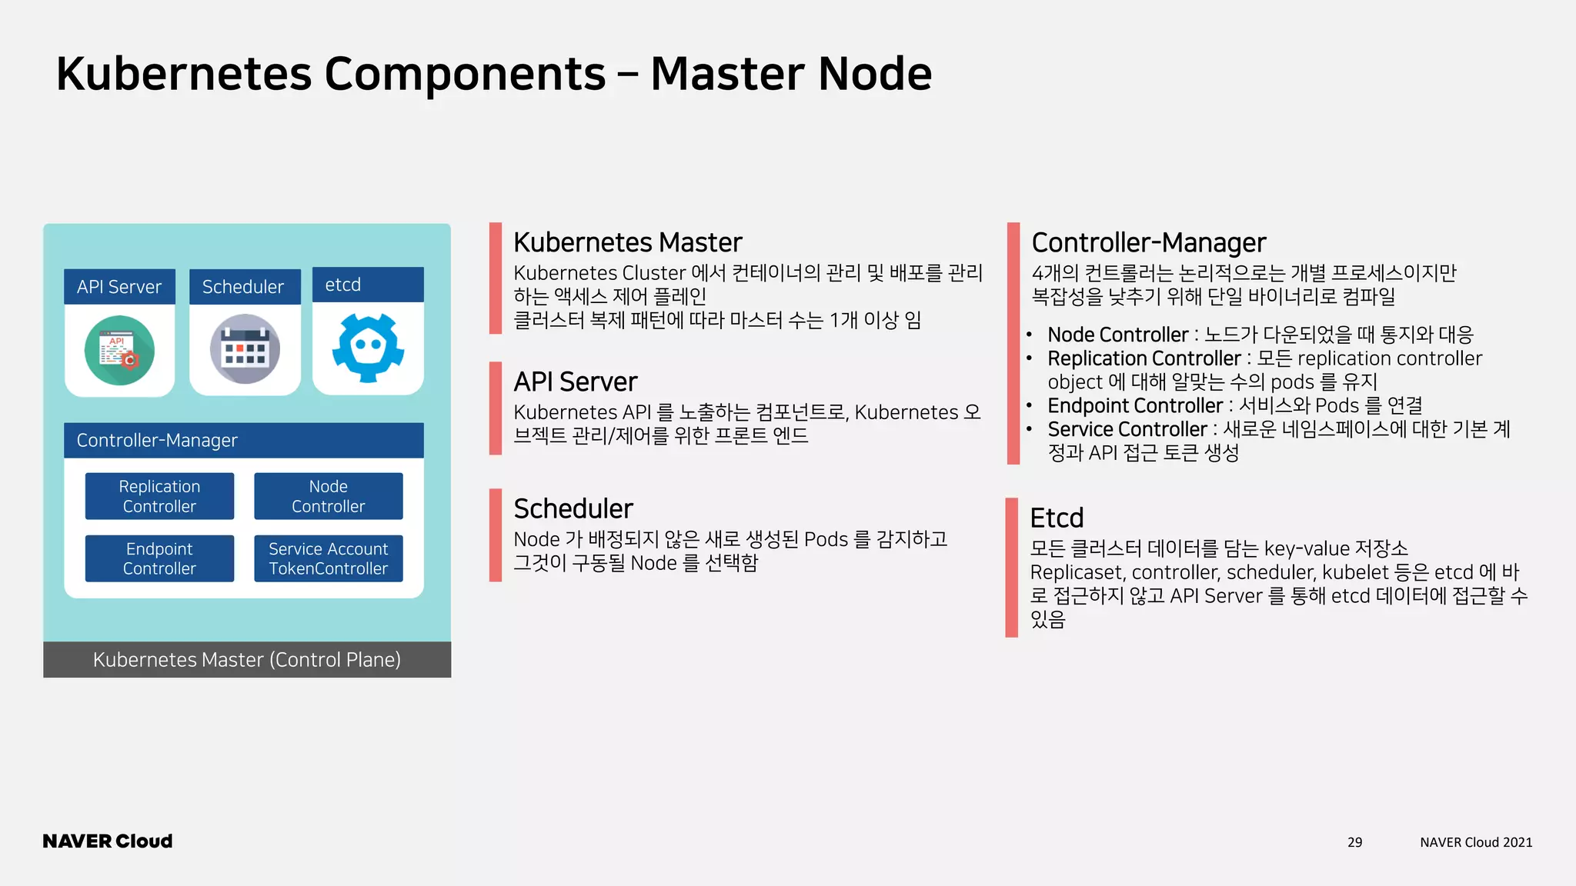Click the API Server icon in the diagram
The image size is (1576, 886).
coord(119,350)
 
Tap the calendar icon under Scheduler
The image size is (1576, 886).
coord(245,349)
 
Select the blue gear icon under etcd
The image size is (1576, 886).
coord(368,348)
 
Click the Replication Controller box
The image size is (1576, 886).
coord(159,496)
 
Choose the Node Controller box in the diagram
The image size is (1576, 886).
coord(328,496)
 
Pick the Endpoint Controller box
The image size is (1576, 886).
coord(159,558)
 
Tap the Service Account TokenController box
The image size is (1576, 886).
coord(328,558)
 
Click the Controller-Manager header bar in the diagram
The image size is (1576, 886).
coord(243,440)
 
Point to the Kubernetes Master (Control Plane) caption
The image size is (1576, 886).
coord(247,660)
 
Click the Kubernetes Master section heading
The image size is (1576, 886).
coord(627,242)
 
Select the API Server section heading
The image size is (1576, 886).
coord(575,381)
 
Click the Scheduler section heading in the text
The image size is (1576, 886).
coord(573,508)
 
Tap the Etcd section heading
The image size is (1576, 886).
coord(1056,518)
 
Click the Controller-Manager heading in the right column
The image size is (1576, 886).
coord(1148,242)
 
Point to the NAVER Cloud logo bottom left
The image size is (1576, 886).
coord(108,841)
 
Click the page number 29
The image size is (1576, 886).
coord(1354,842)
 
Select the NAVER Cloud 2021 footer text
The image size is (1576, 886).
coord(1475,842)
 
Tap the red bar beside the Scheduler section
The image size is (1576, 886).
coord(495,535)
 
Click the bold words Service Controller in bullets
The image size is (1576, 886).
coord(1127,429)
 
